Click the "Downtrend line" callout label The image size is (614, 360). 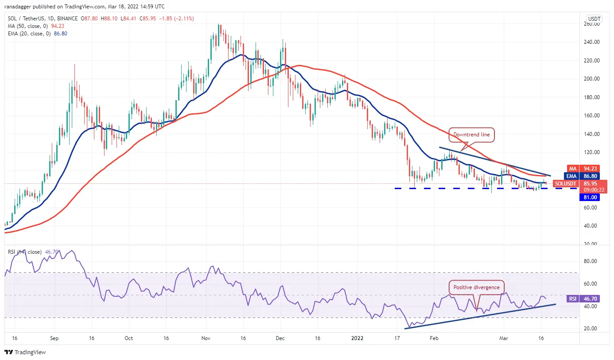(x=473, y=135)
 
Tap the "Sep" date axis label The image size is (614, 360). (x=54, y=338)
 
